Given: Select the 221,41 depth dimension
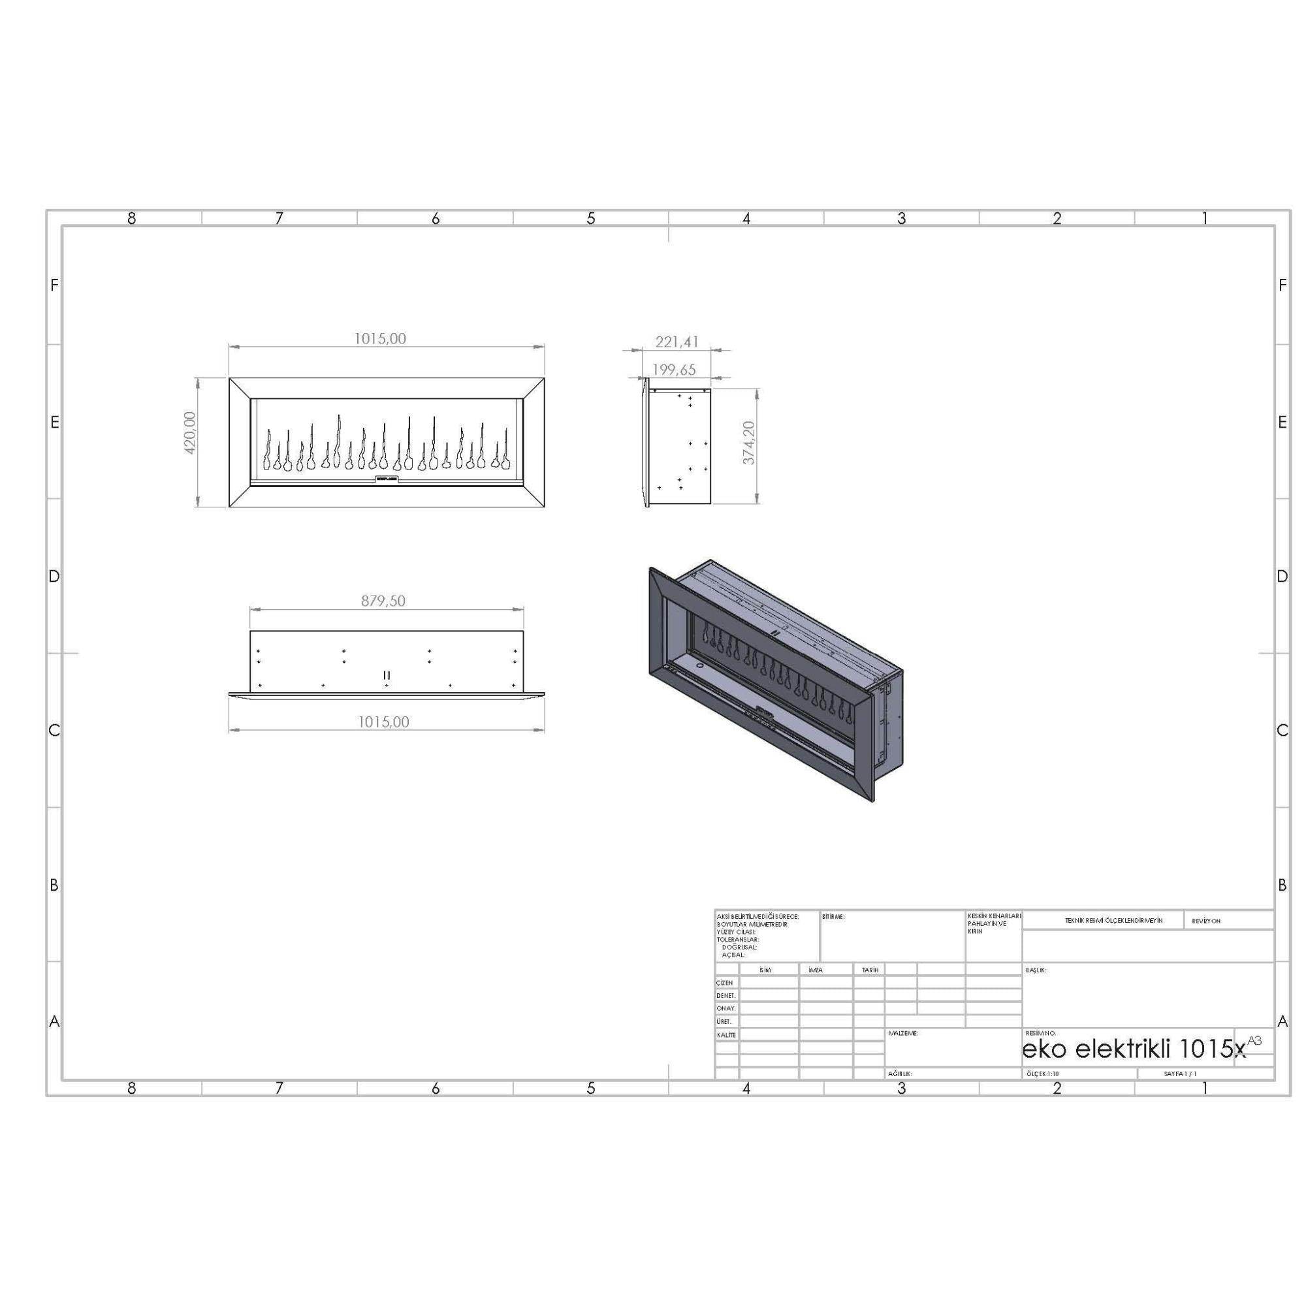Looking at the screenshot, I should pyautogui.click(x=677, y=342).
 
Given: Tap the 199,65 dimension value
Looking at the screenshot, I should pyautogui.click(x=673, y=370).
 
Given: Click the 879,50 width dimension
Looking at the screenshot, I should pyautogui.click(x=383, y=600).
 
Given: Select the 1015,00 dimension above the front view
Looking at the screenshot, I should pyautogui.click(x=381, y=339).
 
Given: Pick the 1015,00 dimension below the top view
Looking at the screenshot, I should pyautogui.click(x=383, y=722).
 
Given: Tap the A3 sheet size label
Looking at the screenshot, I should pyautogui.click(x=1254, y=1040).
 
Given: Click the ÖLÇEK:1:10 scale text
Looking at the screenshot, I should pyautogui.click(x=1042, y=1074).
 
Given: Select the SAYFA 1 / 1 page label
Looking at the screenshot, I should pyautogui.click(x=1180, y=1074).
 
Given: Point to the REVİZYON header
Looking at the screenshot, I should pyautogui.click(x=1206, y=921).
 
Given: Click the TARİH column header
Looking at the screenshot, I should pyautogui.click(x=870, y=970).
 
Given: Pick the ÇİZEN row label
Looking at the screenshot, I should pyautogui.click(x=725, y=983).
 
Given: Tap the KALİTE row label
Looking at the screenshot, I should pyautogui.click(x=726, y=1035).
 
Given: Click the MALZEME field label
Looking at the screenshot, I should pyautogui.click(x=902, y=1034).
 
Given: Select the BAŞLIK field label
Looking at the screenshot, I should pyautogui.click(x=1036, y=970).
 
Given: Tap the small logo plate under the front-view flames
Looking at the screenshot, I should pyautogui.click(x=386, y=479).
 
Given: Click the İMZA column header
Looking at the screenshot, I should pyautogui.click(x=816, y=970).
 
